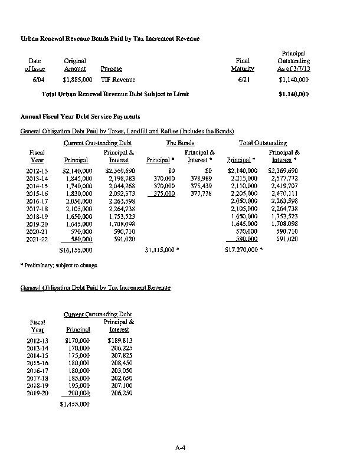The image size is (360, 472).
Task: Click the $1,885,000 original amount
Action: coord(77,80)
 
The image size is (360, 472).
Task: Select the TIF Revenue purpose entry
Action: coord(118,80)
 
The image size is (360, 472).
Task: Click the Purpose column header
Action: coord(112,69)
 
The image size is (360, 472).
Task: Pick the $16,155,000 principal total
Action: coord(76,250)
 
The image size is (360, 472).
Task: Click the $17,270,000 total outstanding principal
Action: coord(241,250)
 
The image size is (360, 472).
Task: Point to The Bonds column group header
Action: coord(179,143)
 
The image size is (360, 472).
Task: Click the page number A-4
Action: coord(181,449)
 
